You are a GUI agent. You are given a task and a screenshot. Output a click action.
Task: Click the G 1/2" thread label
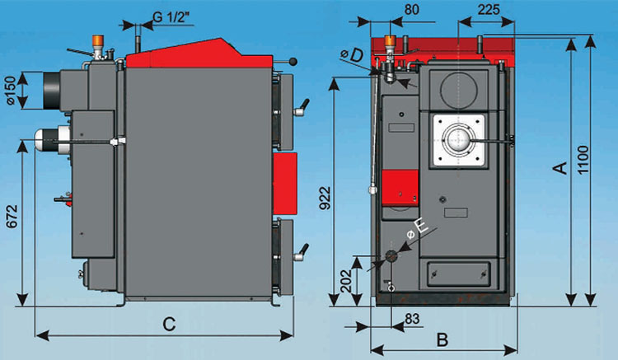point(171,17)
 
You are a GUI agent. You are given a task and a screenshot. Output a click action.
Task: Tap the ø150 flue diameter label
point(11,90)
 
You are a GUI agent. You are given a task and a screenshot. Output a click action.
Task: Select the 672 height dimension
point(12,216)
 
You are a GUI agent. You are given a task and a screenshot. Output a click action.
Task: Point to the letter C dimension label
point(169,324)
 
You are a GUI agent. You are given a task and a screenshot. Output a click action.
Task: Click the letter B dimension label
point(442,339)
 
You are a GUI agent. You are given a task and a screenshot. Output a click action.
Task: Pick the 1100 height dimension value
point(583,159)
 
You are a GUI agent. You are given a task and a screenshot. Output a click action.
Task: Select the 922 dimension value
point(325,198)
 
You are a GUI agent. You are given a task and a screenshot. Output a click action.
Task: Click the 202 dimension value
point(346,281)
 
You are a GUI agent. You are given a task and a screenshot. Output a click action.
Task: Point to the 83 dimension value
point(411,318)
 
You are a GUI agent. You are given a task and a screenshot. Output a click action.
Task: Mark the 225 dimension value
point(489,9)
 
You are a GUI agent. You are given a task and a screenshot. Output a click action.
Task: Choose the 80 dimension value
point(412,9)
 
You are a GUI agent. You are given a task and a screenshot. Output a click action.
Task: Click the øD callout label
point(352,55)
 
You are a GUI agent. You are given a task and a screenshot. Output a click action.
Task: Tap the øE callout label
point(418,229)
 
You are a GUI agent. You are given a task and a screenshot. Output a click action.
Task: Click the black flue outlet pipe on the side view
point(52,91)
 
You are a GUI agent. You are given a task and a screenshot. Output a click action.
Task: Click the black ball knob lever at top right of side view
point(293,62)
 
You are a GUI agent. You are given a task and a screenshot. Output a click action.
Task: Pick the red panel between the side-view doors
point(284,184)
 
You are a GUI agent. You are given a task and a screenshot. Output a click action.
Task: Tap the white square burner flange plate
point(459,140)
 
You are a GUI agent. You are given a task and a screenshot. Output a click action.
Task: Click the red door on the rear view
point(400,188)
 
